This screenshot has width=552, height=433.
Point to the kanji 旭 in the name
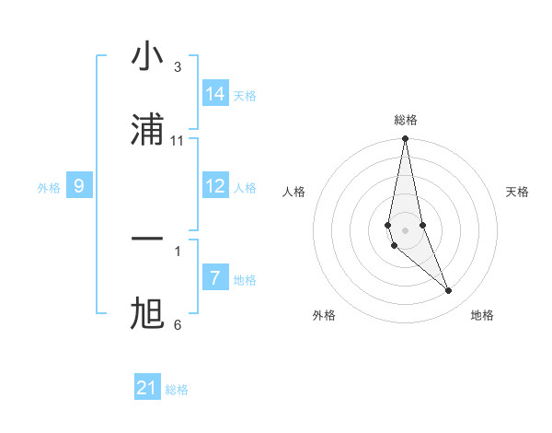click(x=147, y=314)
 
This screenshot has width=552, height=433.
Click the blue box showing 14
click(x=215, y=94)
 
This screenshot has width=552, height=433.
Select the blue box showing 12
click(x=215, y=186)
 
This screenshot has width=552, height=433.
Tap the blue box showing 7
click(x=215, y=278)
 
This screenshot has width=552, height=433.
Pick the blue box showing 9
click(x=79, y=186)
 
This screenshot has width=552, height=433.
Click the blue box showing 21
click(x=147, y=388)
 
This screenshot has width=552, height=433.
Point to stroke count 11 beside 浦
click(x=178, y=140)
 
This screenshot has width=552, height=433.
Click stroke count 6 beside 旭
click(x=178, y=324)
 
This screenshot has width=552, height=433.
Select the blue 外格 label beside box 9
click(x=49, y=188)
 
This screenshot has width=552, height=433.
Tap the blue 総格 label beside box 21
click(x=177, y=390)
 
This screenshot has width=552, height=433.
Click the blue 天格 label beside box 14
click(x=245, y=96)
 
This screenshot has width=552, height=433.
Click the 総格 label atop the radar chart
click(x=406, y=120)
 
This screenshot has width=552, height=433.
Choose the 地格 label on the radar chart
click(x=482, y=316)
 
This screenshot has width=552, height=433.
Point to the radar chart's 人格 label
click(x=294, y=192)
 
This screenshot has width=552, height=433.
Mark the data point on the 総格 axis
click(x=405, y=139)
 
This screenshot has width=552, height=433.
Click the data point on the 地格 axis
click(x=449, y=290)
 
